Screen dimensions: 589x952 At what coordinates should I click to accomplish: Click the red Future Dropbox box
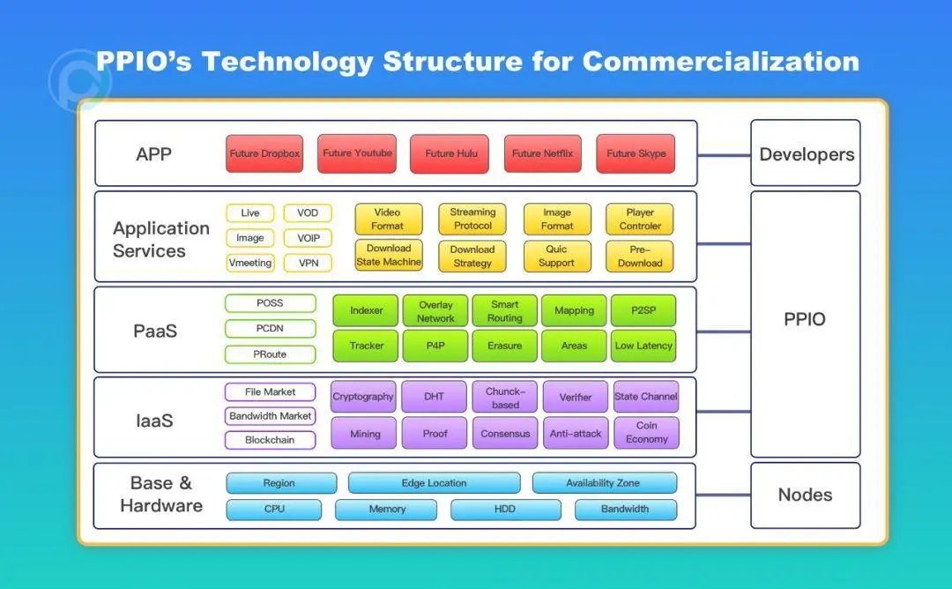(264, 153)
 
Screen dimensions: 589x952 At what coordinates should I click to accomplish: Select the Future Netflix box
(542, 153)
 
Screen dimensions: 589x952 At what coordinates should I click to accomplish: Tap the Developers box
(806, 154)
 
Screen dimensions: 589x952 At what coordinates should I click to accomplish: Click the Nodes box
(805, 495)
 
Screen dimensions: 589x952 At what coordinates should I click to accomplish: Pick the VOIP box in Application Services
(308, 238)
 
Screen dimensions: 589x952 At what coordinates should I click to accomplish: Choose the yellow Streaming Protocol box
(472, 219)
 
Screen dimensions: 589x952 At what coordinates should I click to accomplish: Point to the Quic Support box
(556, 256)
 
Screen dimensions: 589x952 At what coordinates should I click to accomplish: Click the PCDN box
(271, 329)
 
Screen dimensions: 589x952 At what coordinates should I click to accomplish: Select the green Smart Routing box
(504, 310)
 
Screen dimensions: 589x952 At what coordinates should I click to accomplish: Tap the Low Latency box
(643, 346)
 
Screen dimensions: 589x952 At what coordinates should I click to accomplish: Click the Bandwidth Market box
(271, 415)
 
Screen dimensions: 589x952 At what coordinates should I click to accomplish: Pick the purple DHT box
(434, 397)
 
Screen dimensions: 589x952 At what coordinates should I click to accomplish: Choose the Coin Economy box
(646, 432)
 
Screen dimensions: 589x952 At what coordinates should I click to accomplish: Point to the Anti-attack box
(576, 433)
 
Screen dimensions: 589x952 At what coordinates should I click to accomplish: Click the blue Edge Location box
(434, 483)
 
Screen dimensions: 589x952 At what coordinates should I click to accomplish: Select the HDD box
(505, 509)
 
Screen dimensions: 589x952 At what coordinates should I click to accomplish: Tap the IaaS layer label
(154, 421)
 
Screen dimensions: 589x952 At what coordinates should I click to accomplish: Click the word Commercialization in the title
(720, 62)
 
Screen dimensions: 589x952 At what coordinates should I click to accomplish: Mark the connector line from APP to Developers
(724, 156)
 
